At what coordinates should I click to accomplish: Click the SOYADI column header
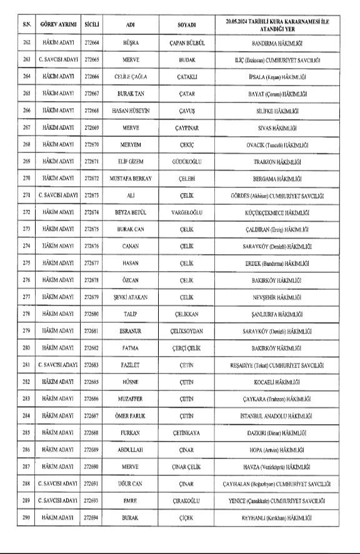(187, 24)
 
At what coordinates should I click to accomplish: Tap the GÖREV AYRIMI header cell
(57, 24)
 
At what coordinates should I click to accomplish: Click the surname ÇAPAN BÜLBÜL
(187, 45)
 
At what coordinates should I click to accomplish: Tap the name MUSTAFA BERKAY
(130, 178)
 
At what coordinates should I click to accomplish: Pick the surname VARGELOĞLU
(187, 212)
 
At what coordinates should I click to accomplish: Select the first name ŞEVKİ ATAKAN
(130, 297)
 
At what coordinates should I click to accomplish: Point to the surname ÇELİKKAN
(187, 314)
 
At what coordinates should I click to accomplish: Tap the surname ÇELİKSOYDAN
(187, 330)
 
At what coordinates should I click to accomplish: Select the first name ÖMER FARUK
(130, 415)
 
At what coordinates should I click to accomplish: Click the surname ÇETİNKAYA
(187, 432)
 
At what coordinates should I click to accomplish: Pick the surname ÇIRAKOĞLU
(187, 500)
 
